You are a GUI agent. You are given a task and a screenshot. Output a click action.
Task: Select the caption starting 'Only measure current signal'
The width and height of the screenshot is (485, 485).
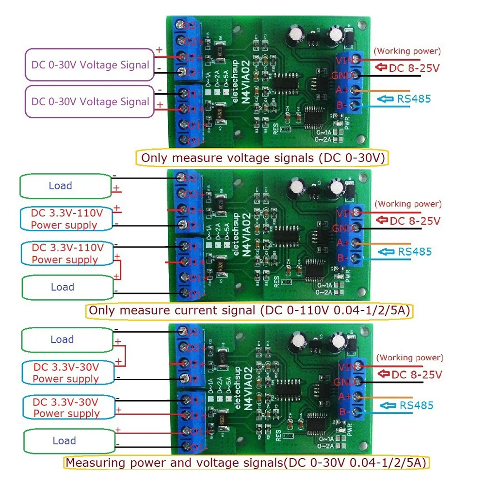coord(249,311)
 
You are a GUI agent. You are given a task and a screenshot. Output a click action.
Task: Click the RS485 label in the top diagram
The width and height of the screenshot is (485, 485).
coord(414,99)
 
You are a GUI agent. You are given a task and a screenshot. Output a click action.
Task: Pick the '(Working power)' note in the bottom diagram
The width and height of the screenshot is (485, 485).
coord(410,357)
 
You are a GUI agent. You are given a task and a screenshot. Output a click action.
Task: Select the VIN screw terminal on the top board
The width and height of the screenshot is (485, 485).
coord(357,60)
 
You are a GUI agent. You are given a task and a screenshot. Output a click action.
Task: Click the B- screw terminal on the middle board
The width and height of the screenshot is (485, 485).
coord(357,258)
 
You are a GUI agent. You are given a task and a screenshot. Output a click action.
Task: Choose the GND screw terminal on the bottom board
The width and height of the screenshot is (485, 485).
coord(358,381)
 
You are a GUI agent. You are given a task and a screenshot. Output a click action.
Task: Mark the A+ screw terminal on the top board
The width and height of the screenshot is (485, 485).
coord(357,91)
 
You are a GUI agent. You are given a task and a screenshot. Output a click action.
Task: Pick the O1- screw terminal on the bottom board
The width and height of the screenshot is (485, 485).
coord(184,447)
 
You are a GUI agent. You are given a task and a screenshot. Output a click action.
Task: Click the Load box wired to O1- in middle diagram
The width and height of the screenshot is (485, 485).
coord(62,287)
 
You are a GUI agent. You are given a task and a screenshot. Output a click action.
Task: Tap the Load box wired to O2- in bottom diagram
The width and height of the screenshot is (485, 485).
coord(62,339)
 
